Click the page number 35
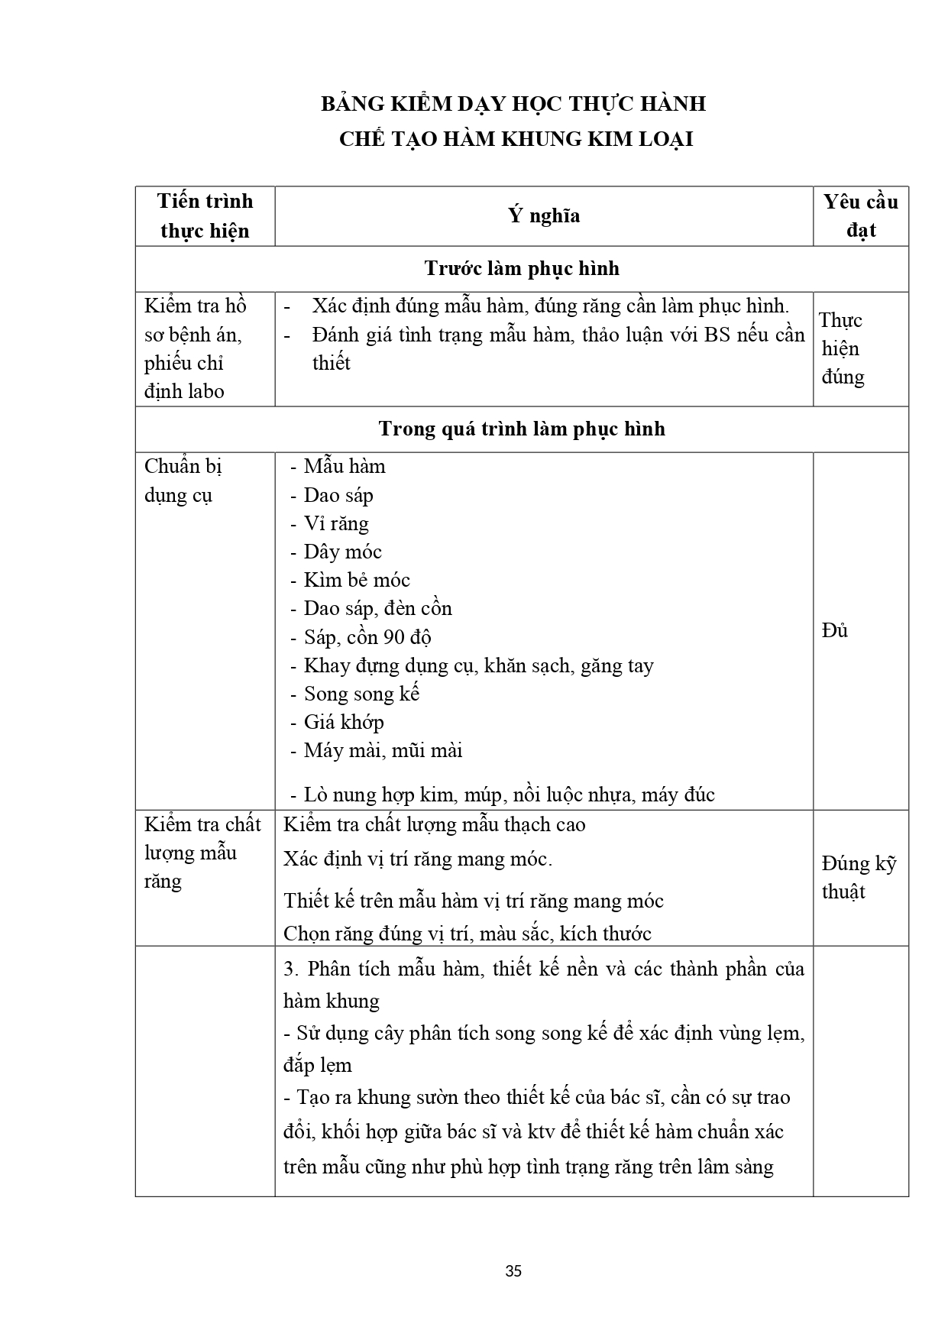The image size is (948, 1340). coord(513,1271)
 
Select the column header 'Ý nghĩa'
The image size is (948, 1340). coord(544,216)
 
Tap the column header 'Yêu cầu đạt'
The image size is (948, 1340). coord(860,216)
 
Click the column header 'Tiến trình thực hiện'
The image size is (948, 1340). coord(205,216)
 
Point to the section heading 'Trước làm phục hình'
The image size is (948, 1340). coord(522,269)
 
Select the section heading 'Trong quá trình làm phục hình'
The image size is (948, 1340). coord(522,429)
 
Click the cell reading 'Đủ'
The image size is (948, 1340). coord(835,631)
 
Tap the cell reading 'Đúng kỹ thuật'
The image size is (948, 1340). coord(859,878)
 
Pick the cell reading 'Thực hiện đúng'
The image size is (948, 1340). coord(842,348)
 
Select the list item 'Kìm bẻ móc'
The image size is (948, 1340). coord(356,580)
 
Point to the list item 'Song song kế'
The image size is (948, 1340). coord(361,694)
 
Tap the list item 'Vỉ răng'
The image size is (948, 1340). coord(335,523)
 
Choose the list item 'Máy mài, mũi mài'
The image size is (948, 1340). coord(383,750)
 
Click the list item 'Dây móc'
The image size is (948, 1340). coord(342,552)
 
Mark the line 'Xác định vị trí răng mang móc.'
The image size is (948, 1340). coord(417,859)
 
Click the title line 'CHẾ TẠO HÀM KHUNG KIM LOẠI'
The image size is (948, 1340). coord(516,140)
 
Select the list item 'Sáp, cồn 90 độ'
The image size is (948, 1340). coord(367,637)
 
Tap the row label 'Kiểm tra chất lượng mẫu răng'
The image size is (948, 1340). coord(202,853)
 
